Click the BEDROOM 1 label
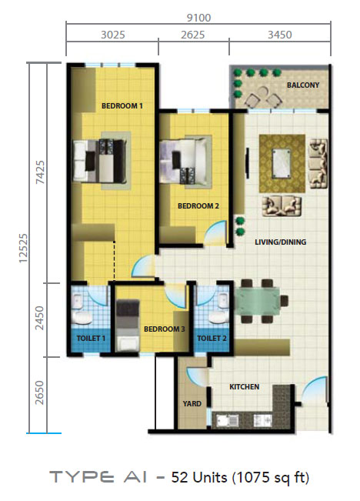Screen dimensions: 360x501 (x=122, y=105)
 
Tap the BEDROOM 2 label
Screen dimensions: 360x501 (x=198, y=206)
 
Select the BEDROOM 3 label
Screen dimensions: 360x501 (x=164, y=329)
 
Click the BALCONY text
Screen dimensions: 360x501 (x=303, y=85)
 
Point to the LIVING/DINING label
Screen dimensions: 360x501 (x=281, y=242)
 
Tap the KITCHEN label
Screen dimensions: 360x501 (x=245, y=387)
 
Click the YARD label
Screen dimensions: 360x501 (x=192, y=404)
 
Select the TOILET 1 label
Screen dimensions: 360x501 (x=91, y=339)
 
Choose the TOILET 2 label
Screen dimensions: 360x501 (x=212, y=339)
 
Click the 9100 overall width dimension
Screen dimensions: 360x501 (x=198, y=18)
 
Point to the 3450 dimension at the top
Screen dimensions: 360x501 (x=280, y=35)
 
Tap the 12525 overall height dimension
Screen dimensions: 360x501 (x=23, y=249)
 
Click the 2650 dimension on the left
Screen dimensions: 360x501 (x=39, y=392)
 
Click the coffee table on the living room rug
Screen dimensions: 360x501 (x=282, y=163)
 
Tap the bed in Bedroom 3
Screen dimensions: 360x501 (x=128, y=326)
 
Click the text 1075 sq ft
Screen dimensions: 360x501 (x=271, y=478)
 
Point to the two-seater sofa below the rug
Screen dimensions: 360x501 (x=282, y=205)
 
